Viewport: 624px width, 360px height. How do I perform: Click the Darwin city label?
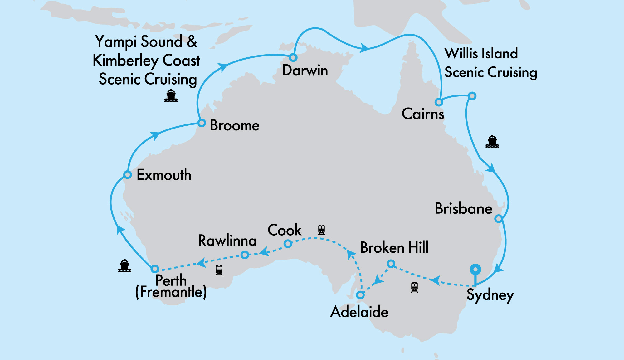(x=305, y=71)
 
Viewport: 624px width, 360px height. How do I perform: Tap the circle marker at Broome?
(x=202, y=123)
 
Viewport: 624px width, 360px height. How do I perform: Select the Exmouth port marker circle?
(x=127, y=174)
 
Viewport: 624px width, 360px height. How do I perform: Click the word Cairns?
(x=423, y=114)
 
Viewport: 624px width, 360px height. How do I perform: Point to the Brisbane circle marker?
(x=499, y=219)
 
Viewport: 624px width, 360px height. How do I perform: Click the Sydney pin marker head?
(x=475, y=269)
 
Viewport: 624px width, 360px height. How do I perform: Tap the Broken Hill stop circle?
(x=391, y=264)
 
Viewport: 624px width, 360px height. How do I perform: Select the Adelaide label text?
(x=359, y=312)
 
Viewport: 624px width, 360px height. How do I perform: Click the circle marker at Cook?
(x=288, y=243)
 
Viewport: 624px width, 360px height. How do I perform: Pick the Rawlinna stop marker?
(x=245, y=255)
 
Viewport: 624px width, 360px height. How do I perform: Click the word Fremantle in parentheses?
(x=171, y=292)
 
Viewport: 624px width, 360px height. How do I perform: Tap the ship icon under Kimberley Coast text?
(x=171, y=96)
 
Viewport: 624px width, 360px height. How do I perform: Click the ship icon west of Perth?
(x=124, y=266)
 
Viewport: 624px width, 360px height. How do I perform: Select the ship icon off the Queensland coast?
(x=492, y=142)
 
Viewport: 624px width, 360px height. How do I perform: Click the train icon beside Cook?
(x=321, y=230)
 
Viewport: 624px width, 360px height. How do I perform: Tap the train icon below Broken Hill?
(x=414, y=287)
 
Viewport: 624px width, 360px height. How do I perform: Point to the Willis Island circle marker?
(x=472, y=96)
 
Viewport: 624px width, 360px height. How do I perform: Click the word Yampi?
(x=116, y=42)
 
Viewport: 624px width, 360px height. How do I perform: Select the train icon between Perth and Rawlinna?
(x=219, y=270)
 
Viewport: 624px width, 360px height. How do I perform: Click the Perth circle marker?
(x=155, y=269)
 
